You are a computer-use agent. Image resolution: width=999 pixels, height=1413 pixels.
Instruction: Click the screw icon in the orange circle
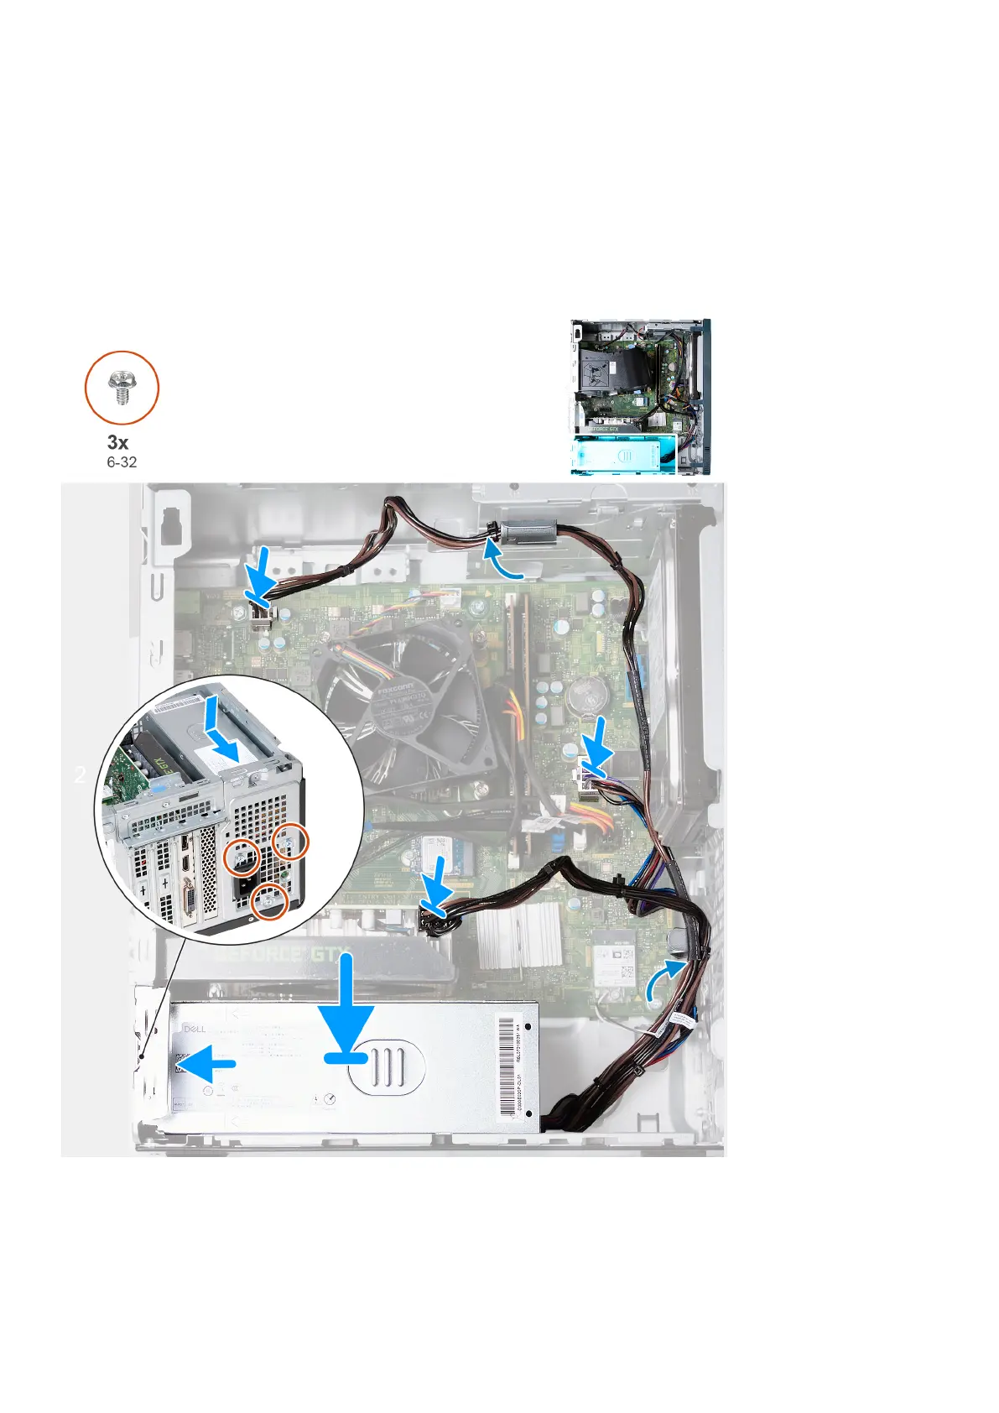(122, 388)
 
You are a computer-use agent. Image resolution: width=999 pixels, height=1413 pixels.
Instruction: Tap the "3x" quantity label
(118, 442)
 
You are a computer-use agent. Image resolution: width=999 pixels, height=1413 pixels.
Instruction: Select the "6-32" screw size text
(122, 462)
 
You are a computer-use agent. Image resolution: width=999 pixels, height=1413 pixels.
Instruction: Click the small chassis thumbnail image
(641, 397)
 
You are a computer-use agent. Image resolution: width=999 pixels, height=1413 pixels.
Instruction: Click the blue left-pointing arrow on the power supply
(207, 1063)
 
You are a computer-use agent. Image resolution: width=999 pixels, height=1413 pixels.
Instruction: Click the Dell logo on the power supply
(194, 1028)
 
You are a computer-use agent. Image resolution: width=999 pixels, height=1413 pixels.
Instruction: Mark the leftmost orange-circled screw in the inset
(241, 856)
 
